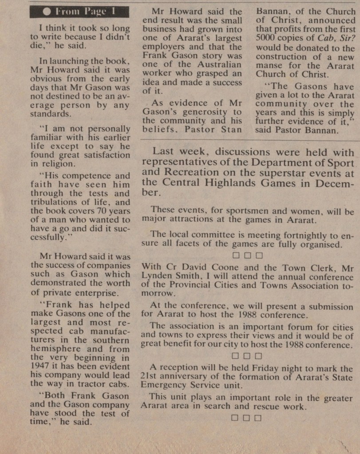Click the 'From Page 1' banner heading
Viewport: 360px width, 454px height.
(80, 12)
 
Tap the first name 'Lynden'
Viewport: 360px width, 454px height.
(158, 276)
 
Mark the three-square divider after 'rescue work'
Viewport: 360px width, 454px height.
(246, 417)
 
